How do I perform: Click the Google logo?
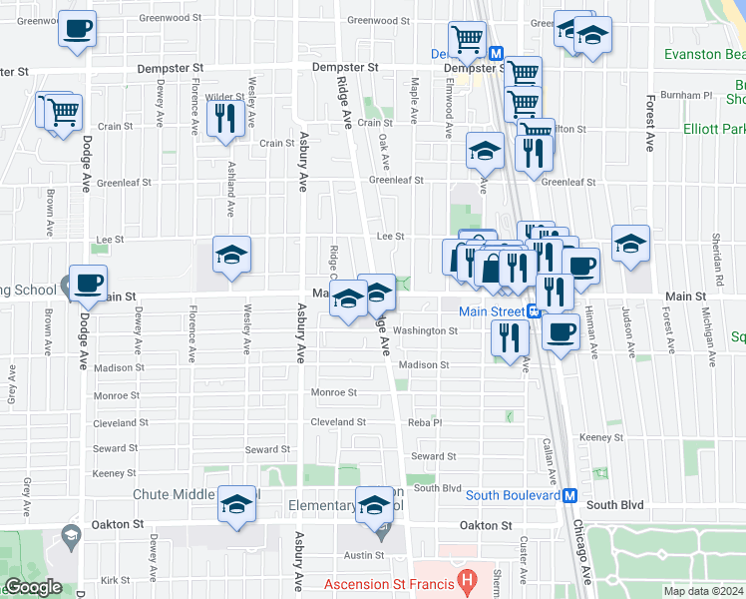point(33,588)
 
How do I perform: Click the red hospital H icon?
point(466,580)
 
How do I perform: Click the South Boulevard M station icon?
point(570,495)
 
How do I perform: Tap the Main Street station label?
point(492,310)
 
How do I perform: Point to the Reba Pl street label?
point(424,422)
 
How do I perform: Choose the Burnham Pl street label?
point(693,95)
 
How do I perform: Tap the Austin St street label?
point(364,555)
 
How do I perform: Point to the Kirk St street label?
point(115,579)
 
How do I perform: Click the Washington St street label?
point(425,330)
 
